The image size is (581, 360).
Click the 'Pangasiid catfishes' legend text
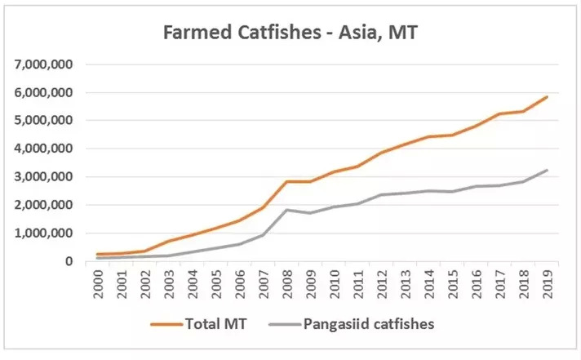368,325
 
